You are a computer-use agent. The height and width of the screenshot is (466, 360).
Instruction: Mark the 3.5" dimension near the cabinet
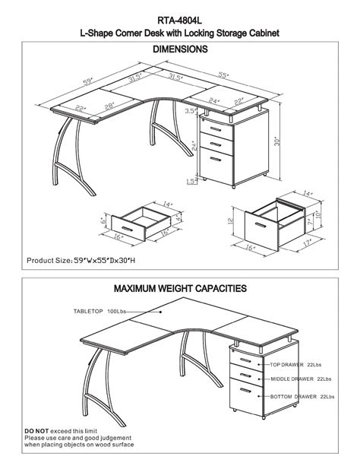(x=191, y=111)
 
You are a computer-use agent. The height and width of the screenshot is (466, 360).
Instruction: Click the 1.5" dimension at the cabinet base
(x=191, y=181)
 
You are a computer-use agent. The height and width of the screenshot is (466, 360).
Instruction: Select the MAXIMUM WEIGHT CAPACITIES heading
(x=180, y=289)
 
